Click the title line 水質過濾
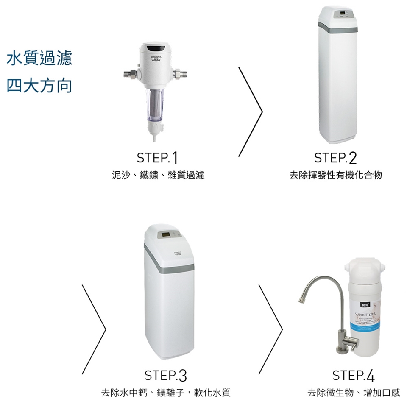point(39,58)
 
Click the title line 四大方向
point(39,85)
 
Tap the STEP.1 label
point(157,159)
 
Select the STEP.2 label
point(335,159)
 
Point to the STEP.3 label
point(165,376)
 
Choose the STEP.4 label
point(354,376)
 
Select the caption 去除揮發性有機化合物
point(335,175)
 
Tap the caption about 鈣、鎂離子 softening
point(165,393)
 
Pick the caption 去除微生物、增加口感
point(354,393)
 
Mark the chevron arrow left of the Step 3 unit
point(94,329)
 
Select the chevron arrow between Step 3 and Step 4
point(271,329)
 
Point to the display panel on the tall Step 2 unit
point(344,14)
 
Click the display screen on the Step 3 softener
point(166,235)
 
